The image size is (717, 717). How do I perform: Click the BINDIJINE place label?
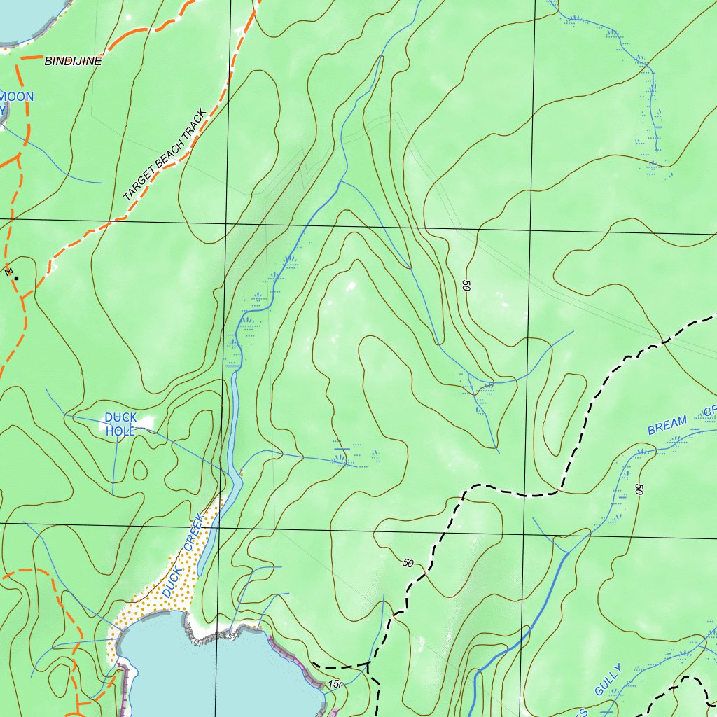click(73, 62)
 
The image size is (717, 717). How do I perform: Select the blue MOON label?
click(17, 96)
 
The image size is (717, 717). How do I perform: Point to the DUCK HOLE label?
click(120, 424)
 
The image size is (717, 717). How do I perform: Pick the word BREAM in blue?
click(667, 424)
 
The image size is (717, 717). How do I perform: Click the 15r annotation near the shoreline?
click(335, 683)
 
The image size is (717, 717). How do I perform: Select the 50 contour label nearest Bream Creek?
click(639, 490)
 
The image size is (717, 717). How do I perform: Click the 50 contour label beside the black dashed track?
click(409, 563)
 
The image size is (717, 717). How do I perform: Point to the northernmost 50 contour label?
click(466, 286)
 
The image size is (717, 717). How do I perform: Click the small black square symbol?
click(16, 278)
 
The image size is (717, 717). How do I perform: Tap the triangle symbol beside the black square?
click(9, 271)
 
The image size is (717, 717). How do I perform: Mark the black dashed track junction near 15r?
click(368, 662)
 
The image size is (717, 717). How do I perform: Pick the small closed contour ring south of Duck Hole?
click(138, 468)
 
